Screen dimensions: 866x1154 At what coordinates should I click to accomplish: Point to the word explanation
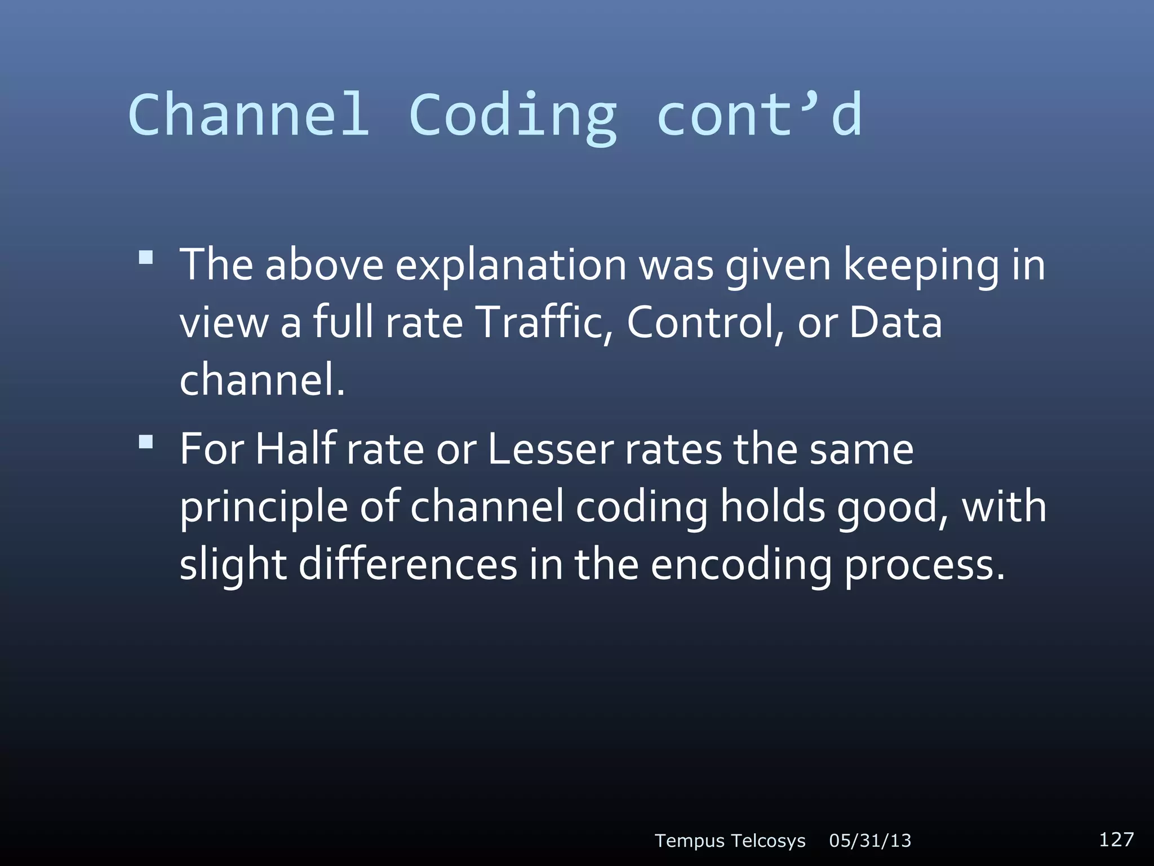pos(511,266)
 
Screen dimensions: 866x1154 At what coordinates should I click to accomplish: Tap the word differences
pos(407,565)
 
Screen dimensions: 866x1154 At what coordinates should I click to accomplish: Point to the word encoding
pos(741,566)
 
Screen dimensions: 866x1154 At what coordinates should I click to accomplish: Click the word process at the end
pos(924,566)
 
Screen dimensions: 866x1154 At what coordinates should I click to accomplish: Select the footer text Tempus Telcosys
pos(730,841)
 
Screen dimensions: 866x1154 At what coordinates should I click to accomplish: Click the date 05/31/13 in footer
pos(870,841)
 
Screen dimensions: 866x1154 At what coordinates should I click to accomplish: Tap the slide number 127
pos(1116,840)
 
